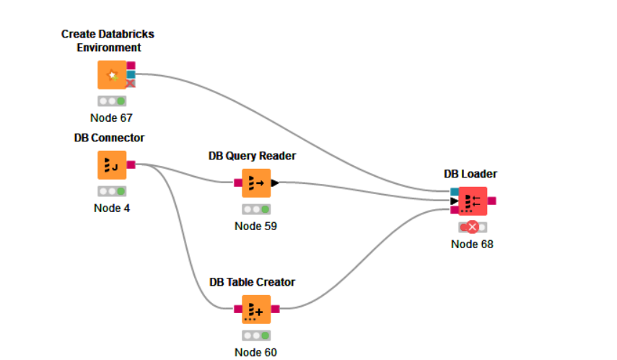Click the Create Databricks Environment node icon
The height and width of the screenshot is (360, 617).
click(x=112, y=75)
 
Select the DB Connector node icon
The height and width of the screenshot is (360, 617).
click(x=112, y=164)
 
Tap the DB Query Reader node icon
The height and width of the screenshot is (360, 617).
click(x=255, y=183)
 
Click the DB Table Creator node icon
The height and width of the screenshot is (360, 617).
click(x=255, y=309)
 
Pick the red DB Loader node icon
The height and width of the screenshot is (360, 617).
click(x=473, y=201)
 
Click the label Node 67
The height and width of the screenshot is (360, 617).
click(x=111, y=118)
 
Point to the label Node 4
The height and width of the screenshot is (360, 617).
click(x=112, y=208)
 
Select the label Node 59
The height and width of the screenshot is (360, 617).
click(x=255, y=226)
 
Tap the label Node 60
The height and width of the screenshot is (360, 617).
click(x=255, y=352)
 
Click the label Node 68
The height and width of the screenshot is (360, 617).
click(x=472, y=244)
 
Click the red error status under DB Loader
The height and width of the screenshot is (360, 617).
click(x=473, y=227)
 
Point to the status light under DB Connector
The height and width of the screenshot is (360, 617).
click(x=112, y=191)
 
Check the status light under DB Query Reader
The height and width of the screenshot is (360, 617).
click(x=255, y=209)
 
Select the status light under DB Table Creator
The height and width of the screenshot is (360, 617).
click(x=255, y=335)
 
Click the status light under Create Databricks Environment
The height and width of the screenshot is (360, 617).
click(x=112, y=101)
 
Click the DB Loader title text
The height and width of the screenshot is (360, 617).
click(x=471, y=174)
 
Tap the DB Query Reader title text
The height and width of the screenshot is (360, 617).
click(x=252, y=156)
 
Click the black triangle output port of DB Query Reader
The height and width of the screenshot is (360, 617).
click(x=275, y=183)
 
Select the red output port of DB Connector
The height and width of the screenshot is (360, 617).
click(x=131, y=164)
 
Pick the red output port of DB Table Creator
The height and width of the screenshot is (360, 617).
click(x=275, y=309)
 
